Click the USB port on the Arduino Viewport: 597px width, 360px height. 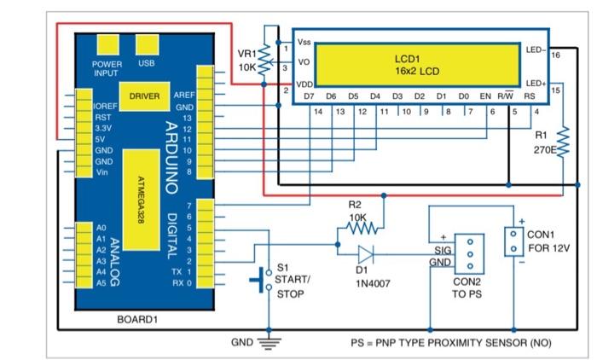[x=147, y=44]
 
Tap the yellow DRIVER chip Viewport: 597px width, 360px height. [x=144, y=96]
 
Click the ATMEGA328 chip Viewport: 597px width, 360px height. [x=141, y=200]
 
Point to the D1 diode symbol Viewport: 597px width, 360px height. [x=366, y=253]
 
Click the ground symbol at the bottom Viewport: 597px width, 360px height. [x=270, y=343]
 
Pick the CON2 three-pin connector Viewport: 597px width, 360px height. [x=468, y=253]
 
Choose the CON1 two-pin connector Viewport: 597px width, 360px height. [x=513, y=241]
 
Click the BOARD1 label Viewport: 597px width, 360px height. [x=137, y=320]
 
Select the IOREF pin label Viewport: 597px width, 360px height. [x=104, y=106]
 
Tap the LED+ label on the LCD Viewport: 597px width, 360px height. [x=536, y=84]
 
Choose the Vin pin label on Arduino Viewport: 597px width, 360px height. [x=102, y=172]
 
